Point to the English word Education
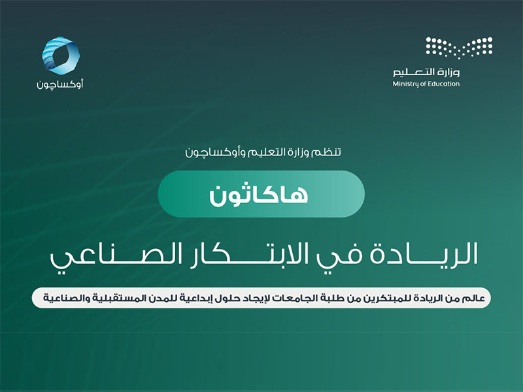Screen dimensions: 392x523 [444, 84]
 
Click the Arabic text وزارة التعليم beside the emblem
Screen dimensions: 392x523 [426, 71]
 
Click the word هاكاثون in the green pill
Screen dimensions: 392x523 [261, 193]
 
